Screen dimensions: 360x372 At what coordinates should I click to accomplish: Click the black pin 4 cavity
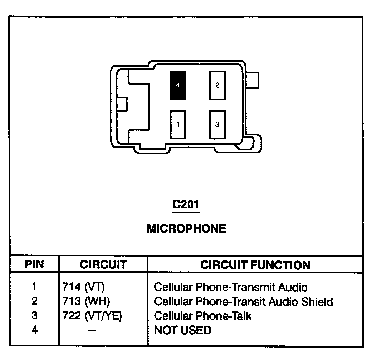(x=178, y=85)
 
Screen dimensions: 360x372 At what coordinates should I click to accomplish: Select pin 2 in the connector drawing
(x=217, y=85)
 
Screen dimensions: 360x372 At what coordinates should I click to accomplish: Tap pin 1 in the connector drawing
(x=178, y=124)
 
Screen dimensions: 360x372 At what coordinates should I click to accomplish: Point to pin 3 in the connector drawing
(x=217, y=124)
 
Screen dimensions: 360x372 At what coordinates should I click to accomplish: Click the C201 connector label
(x=186, y=205)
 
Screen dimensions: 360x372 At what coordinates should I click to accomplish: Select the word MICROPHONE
(x=186, y=228)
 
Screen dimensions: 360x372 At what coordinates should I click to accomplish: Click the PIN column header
(x=35, y=265)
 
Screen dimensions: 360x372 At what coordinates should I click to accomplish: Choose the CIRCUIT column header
(x=103, y=265)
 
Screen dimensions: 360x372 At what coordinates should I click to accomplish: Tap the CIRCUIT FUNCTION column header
(x=255, y=265)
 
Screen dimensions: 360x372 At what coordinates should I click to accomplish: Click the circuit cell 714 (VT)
(x=83, y=287)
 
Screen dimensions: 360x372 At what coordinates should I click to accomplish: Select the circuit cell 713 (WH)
(x=86, y=301)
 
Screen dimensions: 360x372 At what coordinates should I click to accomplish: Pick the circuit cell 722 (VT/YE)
(x=92, y=316)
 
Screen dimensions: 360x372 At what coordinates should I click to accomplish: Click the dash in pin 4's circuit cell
(x=91, y=330)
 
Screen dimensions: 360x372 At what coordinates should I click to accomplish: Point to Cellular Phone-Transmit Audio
(x=231, y=287)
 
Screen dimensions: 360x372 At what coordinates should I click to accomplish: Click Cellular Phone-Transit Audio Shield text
(x=244, y=301)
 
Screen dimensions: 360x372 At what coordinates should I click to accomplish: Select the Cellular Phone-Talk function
(x=203, y=316)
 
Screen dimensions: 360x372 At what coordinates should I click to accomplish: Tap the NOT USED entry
(x=183, y=330)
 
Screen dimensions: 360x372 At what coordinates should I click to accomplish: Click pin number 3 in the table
(x=35, y=316)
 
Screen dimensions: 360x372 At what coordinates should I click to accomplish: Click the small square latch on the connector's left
(x=122, y=104)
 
